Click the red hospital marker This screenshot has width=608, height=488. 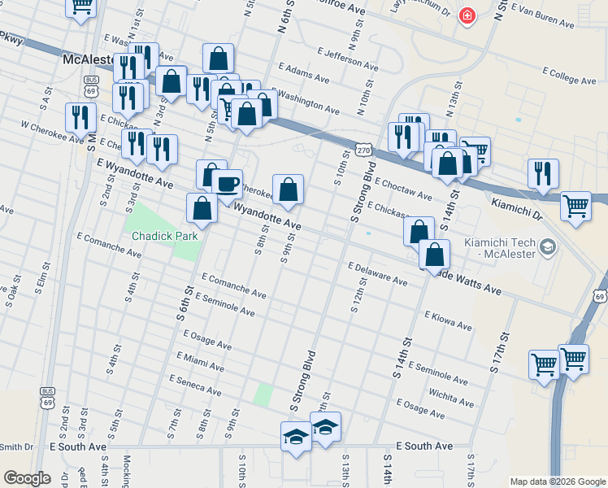467,15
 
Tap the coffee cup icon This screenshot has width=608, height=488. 228,182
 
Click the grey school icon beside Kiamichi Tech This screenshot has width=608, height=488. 549,246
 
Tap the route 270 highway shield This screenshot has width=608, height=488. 363,150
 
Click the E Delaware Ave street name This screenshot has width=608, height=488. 377,273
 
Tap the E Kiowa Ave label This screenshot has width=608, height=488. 448,320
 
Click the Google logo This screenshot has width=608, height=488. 27,478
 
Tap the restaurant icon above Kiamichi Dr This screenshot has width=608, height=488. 542,173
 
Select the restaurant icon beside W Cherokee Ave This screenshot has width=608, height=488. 80,118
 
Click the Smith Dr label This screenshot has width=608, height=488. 16,447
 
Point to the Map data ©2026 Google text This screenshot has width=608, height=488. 558,481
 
